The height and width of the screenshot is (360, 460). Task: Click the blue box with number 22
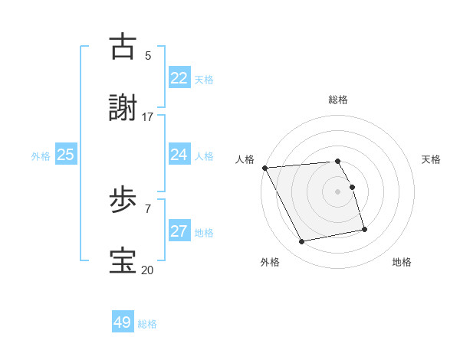(179, 78)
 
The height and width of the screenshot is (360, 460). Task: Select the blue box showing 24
(179, 155)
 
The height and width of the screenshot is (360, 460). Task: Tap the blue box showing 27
(179, 231)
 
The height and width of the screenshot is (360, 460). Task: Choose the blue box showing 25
(65, 155)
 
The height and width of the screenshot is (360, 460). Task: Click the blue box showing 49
(123, 322)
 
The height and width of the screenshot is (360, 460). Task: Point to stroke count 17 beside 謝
(148, 116)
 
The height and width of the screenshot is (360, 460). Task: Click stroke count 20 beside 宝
(148, 270)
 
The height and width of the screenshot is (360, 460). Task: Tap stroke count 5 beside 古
(148, 55)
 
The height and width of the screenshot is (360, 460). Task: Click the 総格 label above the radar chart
(338, 100)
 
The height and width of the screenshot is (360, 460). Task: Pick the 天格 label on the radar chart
(431, 159)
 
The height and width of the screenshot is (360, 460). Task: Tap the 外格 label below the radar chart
(270, 262)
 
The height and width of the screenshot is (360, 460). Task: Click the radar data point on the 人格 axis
(264, 168)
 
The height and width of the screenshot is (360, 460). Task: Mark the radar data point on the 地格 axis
(364, 229)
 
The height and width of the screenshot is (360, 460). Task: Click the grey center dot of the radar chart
(338, 191)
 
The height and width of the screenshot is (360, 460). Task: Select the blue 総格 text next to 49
(147, 324)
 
